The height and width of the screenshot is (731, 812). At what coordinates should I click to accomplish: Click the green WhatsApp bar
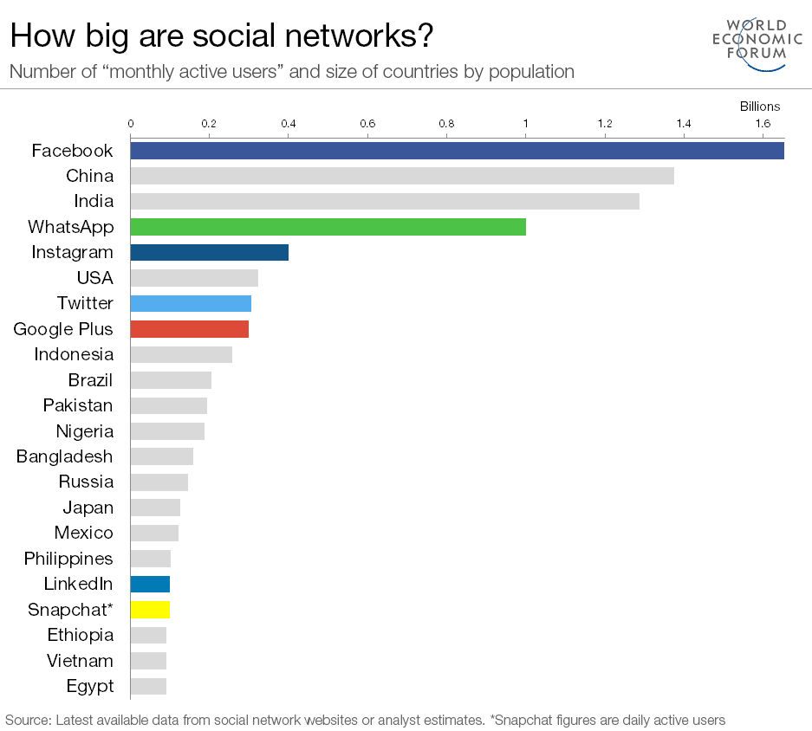[x=328, y=227]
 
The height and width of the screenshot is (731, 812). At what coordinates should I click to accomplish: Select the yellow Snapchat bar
[x=150, y=609]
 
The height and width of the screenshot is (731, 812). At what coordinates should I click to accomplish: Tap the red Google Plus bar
[x=189, y=329]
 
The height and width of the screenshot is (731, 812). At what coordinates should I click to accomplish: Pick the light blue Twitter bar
[x=191, y=303]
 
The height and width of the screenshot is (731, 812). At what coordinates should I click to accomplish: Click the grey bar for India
[x=384, y=202]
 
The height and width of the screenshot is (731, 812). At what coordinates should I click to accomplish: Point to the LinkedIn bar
[x=150, y=584]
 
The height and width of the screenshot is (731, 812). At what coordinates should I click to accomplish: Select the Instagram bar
[x=209, y=253]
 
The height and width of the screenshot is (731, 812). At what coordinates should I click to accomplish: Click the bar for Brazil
[x=171, y=380]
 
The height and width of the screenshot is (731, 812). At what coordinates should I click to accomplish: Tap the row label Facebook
[x=72, y=151]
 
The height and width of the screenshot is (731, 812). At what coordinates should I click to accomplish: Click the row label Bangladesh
[x=64, y=456]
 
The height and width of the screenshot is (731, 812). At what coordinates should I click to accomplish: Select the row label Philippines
[x=68, y=559]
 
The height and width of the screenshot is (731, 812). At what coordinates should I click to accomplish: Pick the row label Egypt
[x=90, y=687]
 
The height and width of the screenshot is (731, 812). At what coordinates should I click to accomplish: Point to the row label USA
[x=95, y=278]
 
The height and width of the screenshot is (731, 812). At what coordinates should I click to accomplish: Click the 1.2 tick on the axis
[x=604, y=124]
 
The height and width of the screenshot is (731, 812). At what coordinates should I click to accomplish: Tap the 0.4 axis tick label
[x=288, y=124]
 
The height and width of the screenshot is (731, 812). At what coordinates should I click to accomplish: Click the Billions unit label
[x=759, y=107]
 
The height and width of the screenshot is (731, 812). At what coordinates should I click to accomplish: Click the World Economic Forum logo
[x=750, y=41]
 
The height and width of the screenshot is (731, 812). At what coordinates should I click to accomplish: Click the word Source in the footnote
[x=27, y=720]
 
